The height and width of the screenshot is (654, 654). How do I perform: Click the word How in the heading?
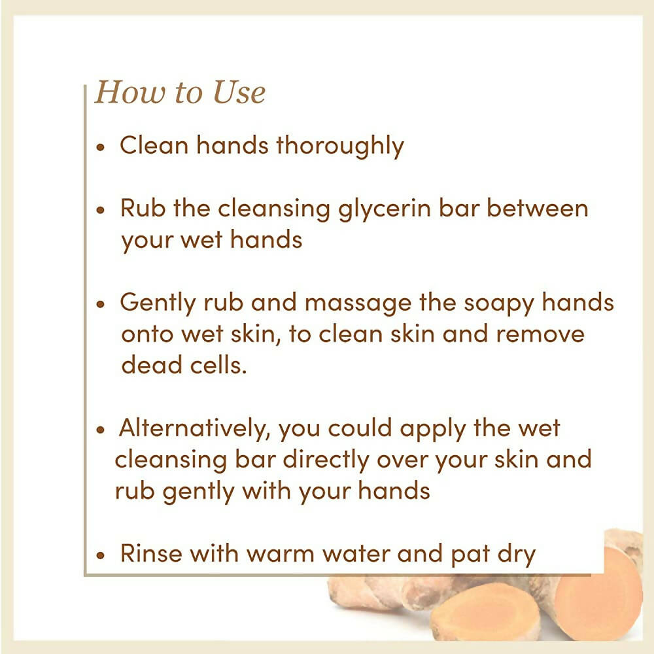[130, 92]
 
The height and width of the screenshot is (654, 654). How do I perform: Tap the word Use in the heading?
[239, 92]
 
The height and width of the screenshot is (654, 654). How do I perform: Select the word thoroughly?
[340, 146]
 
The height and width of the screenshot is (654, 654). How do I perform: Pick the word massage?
[358, 303]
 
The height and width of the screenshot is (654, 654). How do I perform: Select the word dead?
[152, 365]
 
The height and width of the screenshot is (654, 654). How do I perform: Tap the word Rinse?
[151, 553]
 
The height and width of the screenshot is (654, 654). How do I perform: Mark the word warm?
[281, 555]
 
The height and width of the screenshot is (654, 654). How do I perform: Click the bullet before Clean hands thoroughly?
[100, 146]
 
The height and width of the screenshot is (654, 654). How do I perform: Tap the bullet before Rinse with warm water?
[100, 555]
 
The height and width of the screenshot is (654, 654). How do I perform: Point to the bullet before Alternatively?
[100, 430]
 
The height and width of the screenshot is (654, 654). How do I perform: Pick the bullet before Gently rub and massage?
[100, 305]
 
